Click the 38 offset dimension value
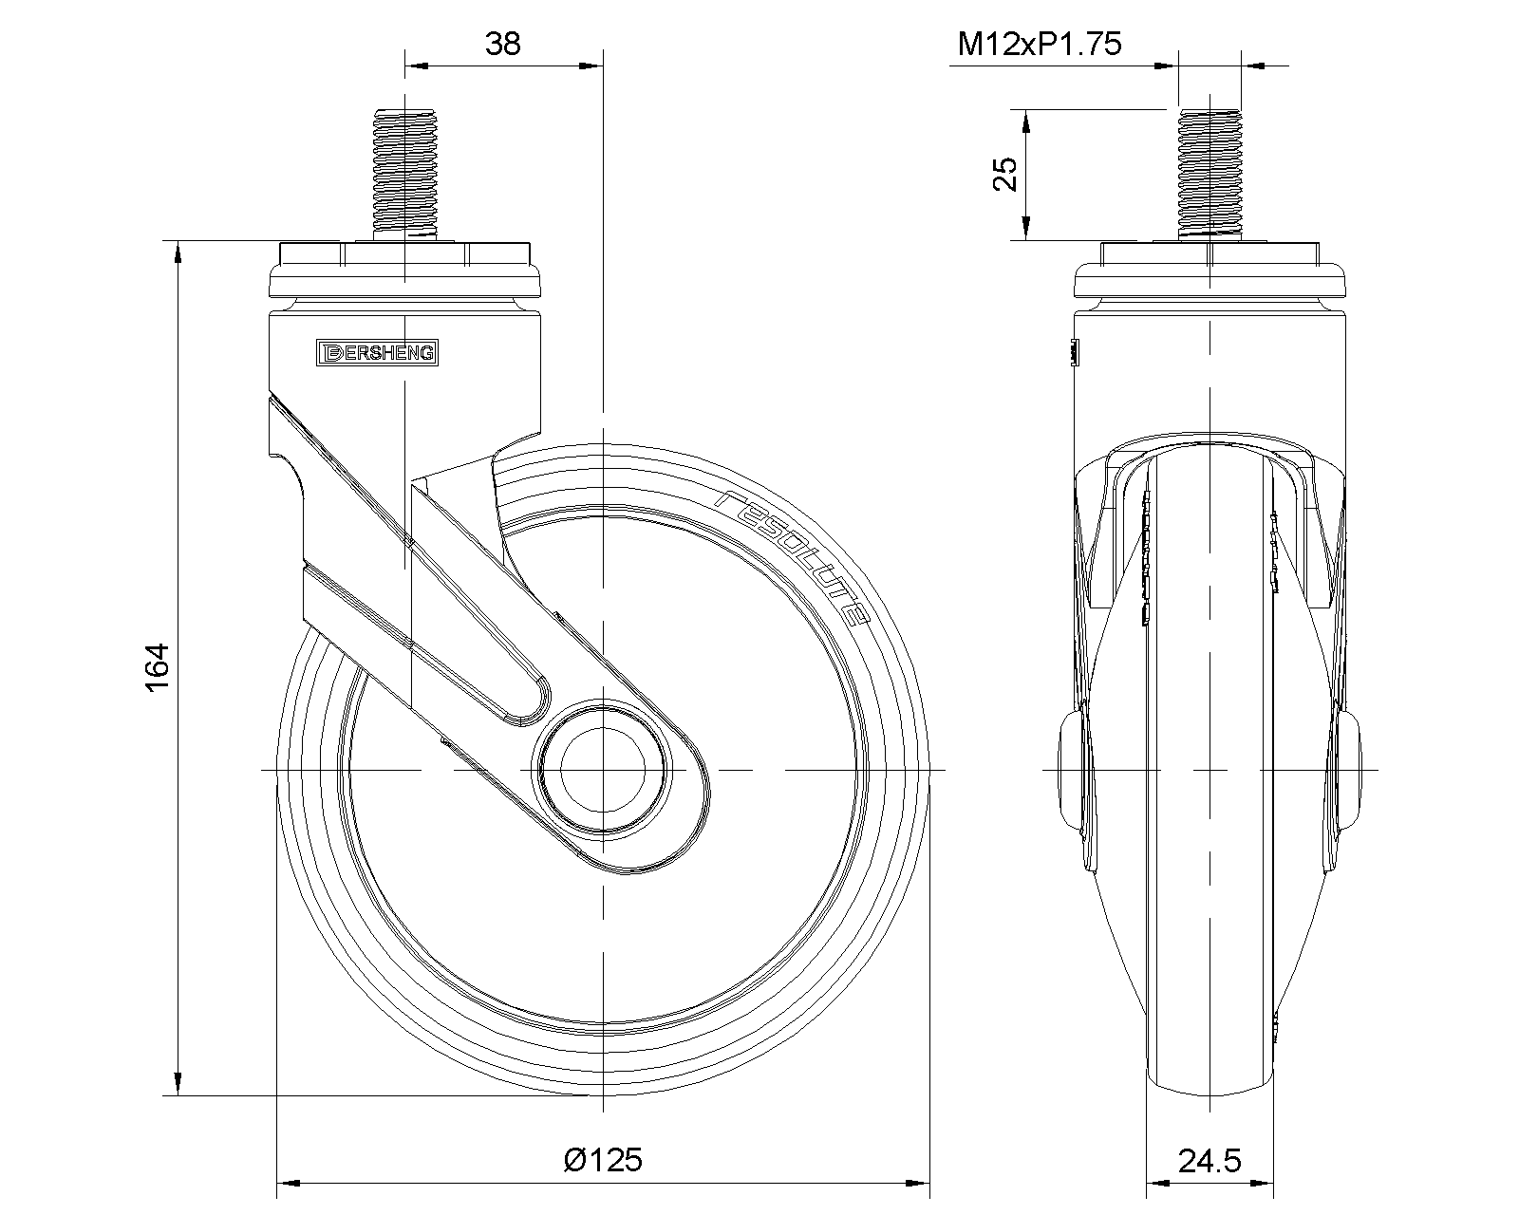(502, 44)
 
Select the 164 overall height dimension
(158, 667)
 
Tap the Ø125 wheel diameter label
(604, 1159)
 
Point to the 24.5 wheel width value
(1210, 1160)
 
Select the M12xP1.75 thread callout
(1039, 44)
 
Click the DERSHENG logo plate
(377, 352)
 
